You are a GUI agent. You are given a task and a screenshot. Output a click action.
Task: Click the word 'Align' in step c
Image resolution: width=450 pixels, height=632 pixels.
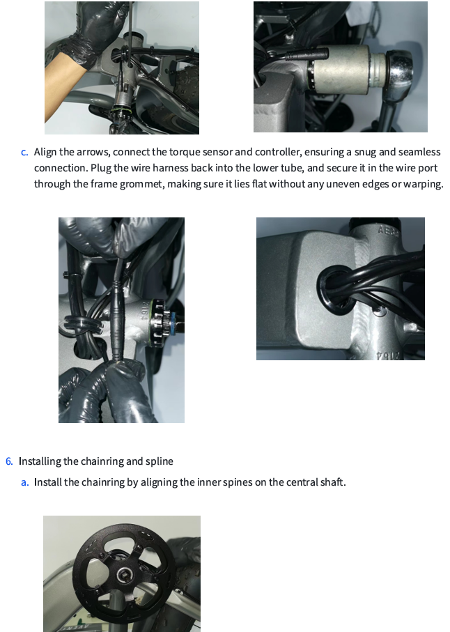coord(46,152)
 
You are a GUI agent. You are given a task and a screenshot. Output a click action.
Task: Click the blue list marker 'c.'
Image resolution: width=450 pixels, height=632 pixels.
coord(24,152)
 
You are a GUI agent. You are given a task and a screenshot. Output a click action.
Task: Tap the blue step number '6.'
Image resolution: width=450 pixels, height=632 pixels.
coord(9,461)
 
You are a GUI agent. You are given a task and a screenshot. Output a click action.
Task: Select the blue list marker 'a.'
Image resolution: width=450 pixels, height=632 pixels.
coord(24,481)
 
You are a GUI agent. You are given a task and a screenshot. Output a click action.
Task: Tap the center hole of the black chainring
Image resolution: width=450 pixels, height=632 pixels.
coord(123,573)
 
